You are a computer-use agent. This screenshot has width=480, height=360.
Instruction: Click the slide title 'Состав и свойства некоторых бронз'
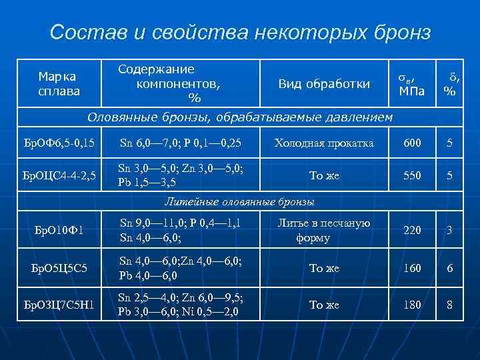[240, 32]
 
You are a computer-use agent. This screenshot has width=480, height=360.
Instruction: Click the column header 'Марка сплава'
[59, 83]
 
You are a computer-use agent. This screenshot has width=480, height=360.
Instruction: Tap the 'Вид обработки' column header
[324, 83]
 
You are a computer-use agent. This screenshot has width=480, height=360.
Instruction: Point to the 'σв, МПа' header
[411, 84]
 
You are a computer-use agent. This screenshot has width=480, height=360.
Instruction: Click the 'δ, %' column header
[450, 84]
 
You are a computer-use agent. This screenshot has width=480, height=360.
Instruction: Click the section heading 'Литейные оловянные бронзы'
[239, 201]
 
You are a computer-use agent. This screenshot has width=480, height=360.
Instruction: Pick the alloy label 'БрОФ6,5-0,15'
[59, 143]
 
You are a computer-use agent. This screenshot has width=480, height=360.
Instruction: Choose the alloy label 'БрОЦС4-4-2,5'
[59, 175]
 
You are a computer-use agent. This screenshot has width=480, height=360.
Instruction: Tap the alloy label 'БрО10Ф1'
[59, 231]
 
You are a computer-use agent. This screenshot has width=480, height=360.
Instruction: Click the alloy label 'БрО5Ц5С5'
[59, 268]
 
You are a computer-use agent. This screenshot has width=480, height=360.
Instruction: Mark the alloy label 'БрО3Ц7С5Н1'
[59, 305]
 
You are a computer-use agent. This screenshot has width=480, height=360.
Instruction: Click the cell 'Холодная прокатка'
[324, 143]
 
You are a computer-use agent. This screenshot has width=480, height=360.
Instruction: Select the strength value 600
[412, 143]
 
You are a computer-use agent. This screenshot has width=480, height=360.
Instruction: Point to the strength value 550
[412, 175]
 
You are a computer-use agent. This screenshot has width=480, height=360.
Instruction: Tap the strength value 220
[412, 231]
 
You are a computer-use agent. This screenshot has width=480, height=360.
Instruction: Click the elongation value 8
[450, 305]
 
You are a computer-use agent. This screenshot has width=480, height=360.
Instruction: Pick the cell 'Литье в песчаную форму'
[324, 231]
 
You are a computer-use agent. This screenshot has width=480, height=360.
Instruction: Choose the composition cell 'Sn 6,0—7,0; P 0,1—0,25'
[180, 143]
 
